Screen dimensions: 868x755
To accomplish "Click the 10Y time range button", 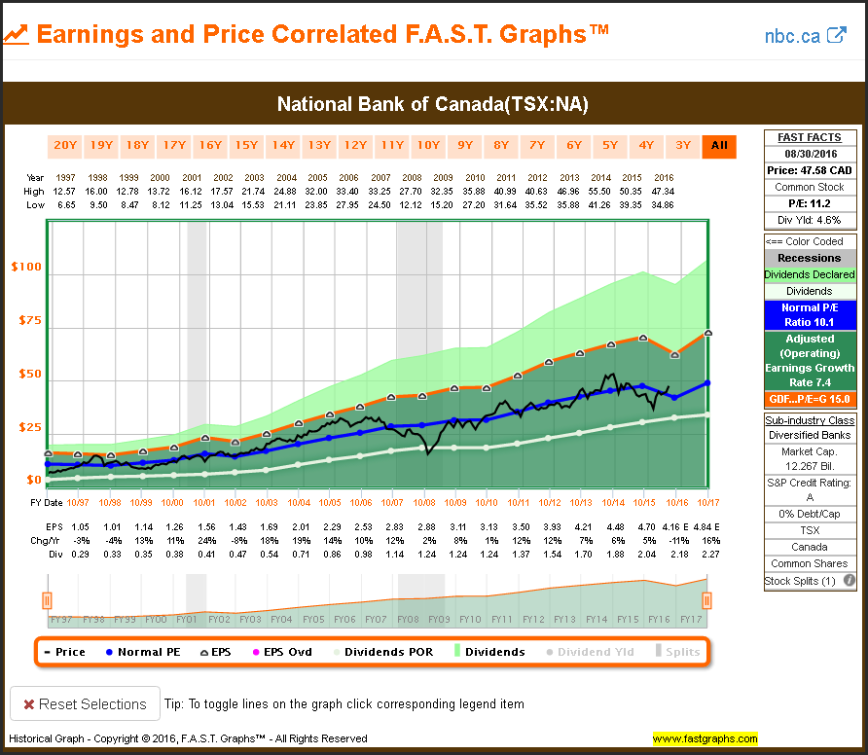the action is (x=428, y=146).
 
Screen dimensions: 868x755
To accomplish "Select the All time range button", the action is (x=719, y=146).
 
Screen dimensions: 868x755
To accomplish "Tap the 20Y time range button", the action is (x=65, y=146).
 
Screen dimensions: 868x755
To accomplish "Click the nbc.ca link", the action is (x=806, y=36).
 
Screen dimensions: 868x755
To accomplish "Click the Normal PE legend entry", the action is (x=143, y=652).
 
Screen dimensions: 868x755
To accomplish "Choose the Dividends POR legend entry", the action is (x=383, y=652).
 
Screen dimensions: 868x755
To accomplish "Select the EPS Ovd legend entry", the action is (x=282, y=652).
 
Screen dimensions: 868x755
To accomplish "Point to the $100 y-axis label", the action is (x=26, y=267).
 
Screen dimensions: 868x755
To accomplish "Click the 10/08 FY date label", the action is (x=424, y=503).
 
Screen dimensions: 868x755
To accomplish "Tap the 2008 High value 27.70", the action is (x=411, y=192).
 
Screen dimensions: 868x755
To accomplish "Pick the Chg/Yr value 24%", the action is (x=206, y=541).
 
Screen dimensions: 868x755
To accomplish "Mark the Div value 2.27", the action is (x=710, y=554).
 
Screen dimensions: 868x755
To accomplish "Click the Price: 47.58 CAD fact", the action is (x=810, y=170).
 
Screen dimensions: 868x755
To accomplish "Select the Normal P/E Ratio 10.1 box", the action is (x=810, y=315).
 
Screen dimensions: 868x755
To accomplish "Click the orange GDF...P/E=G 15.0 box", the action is (x=810, y=399).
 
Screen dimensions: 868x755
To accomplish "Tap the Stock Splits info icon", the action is (x=849, y=581).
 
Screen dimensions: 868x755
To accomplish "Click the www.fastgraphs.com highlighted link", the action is (x=705, y=738).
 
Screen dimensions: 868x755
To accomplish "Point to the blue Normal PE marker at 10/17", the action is (x=707, y=383).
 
